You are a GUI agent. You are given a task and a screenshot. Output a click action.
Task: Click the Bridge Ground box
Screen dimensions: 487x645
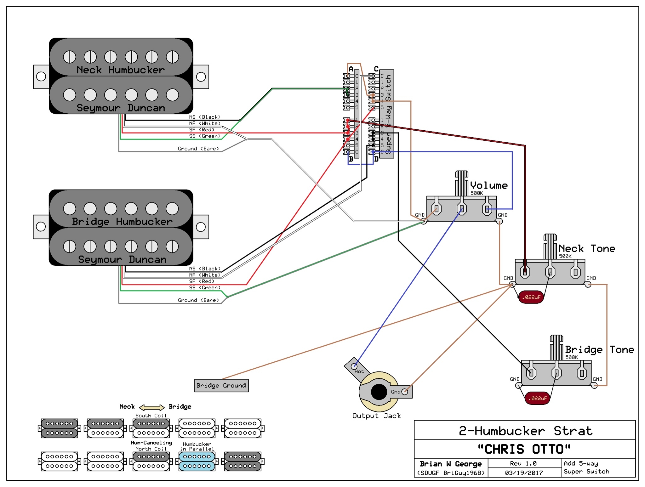tap(221, 385)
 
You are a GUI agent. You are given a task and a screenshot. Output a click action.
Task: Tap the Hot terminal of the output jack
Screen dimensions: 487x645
tap(354, 366)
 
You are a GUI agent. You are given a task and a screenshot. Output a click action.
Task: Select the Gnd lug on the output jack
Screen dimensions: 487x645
tap(405, 392)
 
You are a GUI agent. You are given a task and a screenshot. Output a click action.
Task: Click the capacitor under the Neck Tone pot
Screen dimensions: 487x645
tap(531, 297)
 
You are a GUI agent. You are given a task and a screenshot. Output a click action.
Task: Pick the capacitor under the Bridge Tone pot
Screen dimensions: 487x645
tap(538, 398)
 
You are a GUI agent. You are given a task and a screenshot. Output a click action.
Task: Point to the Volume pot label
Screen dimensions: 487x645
tap(489, 185)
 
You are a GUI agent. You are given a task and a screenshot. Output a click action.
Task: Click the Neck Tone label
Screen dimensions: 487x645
tap(587, 249)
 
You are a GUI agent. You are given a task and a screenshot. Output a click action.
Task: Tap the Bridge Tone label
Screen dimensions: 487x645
tap(599, 350)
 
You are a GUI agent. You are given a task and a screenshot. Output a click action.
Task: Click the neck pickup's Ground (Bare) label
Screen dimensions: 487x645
tap(198, 149)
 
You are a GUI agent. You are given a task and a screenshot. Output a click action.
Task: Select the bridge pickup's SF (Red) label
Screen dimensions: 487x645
tap(202, 281)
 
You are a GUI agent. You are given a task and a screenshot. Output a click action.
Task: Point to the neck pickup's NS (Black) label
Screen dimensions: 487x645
tap(205, 117)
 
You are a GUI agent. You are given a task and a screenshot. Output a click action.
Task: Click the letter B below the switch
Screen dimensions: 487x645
tap(351, 159)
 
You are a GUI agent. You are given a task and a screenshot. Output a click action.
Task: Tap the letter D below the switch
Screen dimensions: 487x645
tap(376, 159)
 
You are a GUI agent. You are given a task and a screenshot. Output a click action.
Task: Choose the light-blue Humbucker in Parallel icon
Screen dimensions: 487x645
tap(197, 461)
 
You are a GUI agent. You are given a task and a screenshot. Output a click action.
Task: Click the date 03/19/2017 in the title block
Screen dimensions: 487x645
tap(524, 473)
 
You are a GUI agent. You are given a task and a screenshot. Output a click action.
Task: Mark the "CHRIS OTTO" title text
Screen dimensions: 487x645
tap(524, 449)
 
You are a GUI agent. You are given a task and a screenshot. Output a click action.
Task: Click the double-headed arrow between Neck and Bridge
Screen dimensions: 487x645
tap(152, 407)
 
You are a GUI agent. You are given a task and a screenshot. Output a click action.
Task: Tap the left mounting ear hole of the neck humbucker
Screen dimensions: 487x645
tap(41, 76)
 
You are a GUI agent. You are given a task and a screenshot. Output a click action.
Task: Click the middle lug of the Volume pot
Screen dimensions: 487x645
tap(462, 209)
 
